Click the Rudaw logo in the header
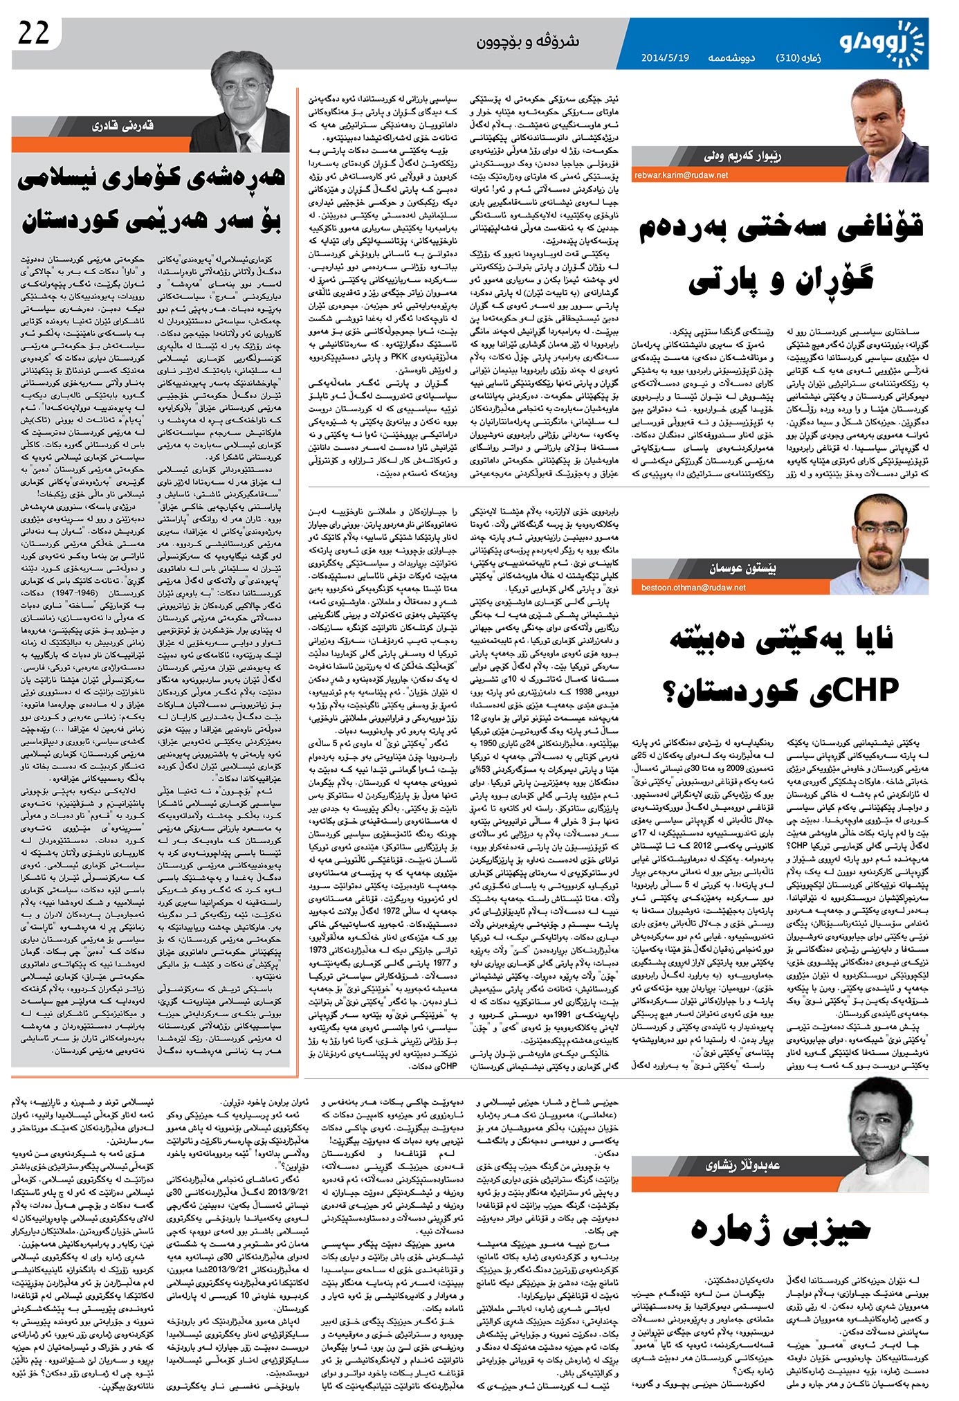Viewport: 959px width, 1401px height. pyautogui.click(x=883, y=43)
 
